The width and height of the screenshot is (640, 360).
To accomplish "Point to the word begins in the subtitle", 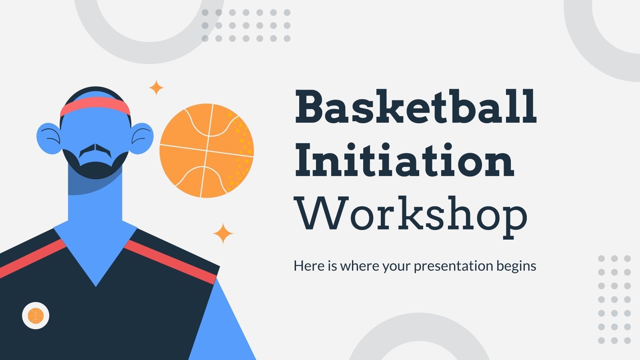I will (x=516, y=266).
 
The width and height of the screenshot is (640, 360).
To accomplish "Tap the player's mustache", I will (x=95, y=150).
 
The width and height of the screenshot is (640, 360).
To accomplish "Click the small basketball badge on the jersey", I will (x=36, y=316).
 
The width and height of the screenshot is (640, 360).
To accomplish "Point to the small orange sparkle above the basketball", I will (x=156, y=88).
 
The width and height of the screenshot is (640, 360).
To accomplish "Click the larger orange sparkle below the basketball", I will (x=223, y=234).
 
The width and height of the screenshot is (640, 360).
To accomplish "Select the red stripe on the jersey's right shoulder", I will (x=172, y=262).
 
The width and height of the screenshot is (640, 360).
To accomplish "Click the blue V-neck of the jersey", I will (x=96, y=252).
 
